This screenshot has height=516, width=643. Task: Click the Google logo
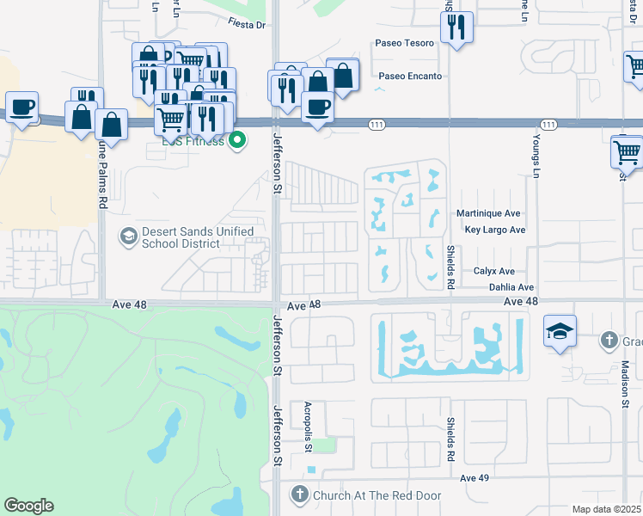[x=28, y=506]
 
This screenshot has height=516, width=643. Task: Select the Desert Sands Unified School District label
[x=197, y=237]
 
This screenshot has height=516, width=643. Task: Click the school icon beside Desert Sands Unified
[x=128, y=236]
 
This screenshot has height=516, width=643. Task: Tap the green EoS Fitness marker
[x=239, y=140]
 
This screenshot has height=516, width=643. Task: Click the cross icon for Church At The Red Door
[x=299, y=494]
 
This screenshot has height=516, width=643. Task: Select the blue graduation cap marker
[x=560, y=331]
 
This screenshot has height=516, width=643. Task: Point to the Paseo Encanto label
[x=410, y=76]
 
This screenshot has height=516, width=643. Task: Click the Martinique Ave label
[x=494, y=212]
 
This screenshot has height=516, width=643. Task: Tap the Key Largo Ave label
[x=494, y=230]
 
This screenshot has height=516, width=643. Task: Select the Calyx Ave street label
[x=493, y=271]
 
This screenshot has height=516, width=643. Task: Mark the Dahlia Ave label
[x=511, y=287]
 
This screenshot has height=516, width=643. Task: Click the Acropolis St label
[x=307, y=427]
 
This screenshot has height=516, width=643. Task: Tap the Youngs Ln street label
[x=535, y=151]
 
